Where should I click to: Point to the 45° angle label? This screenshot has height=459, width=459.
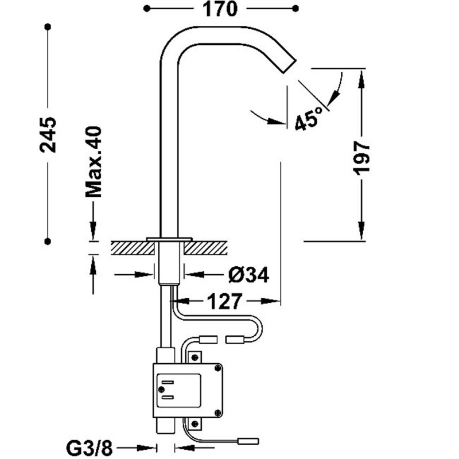[308, 119]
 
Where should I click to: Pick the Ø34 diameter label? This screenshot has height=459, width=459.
[248, 275]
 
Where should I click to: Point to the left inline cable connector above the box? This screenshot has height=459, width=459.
[208, 340]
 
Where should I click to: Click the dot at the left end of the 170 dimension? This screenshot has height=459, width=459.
[146, 9]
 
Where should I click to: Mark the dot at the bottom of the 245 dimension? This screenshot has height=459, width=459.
[48, 241]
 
